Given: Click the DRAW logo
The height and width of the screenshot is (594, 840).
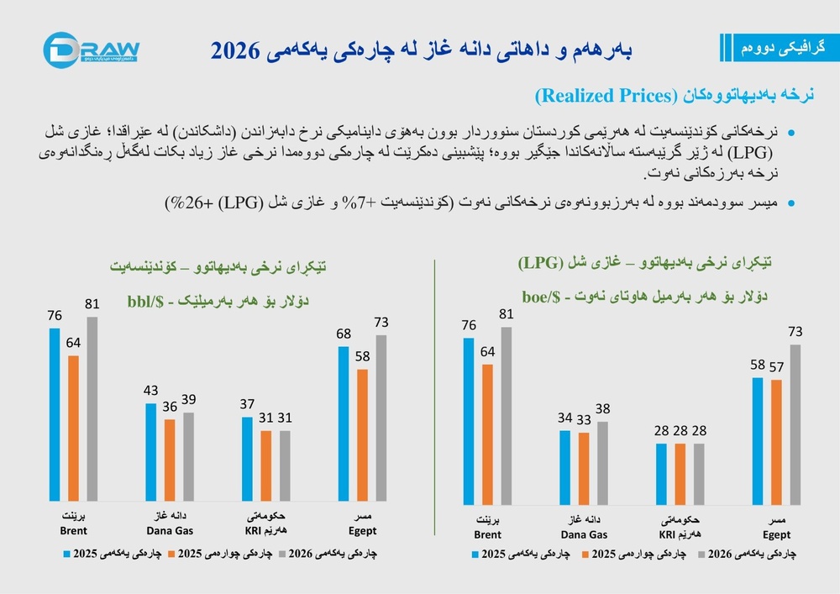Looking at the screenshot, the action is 91,50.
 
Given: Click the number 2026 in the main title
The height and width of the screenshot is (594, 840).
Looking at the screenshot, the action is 234,51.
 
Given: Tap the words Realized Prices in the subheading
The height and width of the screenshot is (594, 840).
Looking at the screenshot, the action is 606,96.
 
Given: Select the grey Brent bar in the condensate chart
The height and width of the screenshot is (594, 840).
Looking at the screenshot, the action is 92,408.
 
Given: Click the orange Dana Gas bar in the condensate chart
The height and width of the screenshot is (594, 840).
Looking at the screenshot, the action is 170,460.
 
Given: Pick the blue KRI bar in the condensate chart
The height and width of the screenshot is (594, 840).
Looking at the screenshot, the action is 247,459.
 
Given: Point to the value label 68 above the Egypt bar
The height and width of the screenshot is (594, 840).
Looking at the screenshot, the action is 344,334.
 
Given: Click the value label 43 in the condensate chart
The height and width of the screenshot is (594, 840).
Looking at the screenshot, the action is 150,391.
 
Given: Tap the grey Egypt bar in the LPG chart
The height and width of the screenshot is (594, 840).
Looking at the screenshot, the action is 795,425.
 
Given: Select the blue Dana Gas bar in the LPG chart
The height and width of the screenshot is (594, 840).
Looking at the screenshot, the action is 565,468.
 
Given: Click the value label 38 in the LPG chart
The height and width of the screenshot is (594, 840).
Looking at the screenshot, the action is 602,409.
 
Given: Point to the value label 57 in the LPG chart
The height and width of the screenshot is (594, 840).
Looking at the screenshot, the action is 776,367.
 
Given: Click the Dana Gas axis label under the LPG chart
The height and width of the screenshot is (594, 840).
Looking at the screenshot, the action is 584,527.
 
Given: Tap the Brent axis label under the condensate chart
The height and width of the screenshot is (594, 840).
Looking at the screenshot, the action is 73,523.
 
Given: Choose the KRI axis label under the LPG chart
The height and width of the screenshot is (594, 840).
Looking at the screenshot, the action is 680,527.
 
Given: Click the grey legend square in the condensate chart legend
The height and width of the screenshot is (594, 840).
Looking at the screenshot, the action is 281,554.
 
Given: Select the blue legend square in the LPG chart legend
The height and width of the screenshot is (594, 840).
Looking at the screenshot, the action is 475,555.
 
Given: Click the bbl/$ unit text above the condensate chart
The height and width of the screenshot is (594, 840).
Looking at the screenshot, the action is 145,302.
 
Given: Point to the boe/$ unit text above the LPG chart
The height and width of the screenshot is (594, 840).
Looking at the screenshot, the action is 541,297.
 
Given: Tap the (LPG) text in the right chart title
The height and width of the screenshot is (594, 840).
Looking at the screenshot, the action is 540,263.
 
